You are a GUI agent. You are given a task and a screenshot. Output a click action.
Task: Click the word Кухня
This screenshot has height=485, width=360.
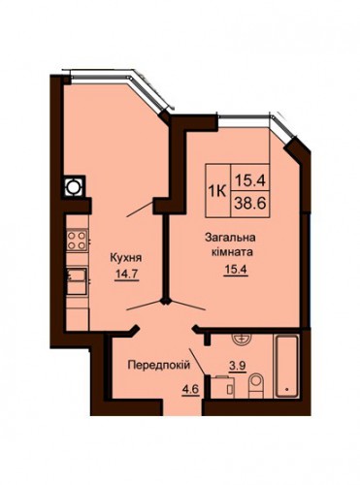[x=126, y=258]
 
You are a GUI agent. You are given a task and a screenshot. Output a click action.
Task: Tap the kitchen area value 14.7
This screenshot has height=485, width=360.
[x=126, y=274]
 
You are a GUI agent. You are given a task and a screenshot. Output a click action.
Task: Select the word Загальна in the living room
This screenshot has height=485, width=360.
[x=230, y=238]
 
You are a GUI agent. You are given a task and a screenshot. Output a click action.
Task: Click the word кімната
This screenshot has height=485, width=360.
[x=232, y=252]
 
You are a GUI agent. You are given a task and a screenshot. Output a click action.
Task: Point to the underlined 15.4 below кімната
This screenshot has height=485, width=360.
[x=235, y=269]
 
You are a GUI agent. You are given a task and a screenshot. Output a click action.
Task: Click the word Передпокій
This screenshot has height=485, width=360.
[x=159, y=366]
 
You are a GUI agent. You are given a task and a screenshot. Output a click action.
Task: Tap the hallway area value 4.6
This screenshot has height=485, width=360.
[x=190, y=389]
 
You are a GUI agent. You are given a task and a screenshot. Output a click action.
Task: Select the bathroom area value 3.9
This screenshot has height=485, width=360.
[x=238, y=366]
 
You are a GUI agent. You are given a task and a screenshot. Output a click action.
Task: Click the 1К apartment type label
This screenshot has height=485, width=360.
[x=218, y=192]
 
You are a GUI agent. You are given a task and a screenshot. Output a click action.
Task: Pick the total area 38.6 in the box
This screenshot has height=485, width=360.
[x=250, y=204]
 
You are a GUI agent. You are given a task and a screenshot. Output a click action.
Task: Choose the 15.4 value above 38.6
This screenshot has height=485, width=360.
[x=250, y=179]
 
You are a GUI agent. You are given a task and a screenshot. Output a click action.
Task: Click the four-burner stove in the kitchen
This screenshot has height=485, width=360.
[x=77, y=241]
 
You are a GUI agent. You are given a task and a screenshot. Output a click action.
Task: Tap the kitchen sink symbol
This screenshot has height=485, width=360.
[x=77, y=280]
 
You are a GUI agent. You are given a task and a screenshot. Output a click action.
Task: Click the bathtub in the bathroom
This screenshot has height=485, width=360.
[x=285, y=367]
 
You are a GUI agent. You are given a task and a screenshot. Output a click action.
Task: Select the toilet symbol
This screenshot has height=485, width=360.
[x=256, y=385]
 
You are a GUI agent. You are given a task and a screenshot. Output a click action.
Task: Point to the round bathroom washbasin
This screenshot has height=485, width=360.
[x=241, y=339]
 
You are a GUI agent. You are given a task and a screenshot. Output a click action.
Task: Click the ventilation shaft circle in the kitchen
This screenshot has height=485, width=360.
[x=73, y=186]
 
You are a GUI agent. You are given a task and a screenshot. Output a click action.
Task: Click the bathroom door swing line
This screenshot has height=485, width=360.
[x=197, y=362]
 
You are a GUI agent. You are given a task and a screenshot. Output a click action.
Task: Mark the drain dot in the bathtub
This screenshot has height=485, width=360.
[x=287, y=390]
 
